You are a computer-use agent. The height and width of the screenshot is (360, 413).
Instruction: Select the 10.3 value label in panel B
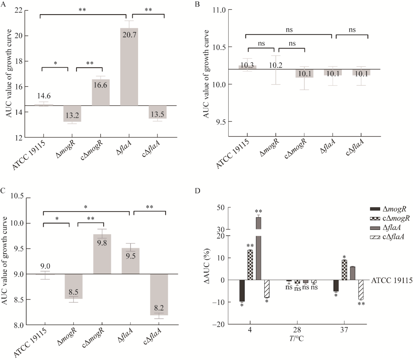[x=247, y=67]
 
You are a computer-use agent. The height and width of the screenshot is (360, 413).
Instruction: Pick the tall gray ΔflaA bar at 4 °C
[x=259, y=249]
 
